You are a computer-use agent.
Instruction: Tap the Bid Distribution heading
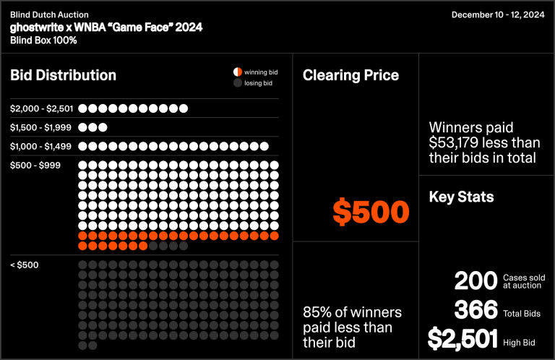[63, 75]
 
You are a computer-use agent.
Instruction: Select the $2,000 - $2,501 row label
[42, 108]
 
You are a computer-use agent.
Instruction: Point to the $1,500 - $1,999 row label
[40, 127]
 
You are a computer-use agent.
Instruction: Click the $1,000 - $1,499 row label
[40, 146]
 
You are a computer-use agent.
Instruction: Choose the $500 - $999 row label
[35, 166]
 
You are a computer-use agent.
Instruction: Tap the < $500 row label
[25, 265]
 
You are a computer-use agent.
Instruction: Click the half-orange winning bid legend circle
[236, 72]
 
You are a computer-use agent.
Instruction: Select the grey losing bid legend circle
[236, 84]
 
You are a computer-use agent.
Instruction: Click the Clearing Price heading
[350, 75]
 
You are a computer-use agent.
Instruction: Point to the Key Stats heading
[461, 197]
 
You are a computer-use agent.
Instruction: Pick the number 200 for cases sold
[476, 281]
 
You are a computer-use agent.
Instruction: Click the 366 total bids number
[476, 310]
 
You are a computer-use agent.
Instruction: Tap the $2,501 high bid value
[462, 338]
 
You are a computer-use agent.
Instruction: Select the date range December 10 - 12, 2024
[497, 14]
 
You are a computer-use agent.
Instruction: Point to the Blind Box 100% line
[43, 40]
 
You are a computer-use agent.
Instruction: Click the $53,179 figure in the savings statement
[462, 142]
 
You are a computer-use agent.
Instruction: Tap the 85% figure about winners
[317, 312]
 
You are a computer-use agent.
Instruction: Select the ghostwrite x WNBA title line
[106, 27]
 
